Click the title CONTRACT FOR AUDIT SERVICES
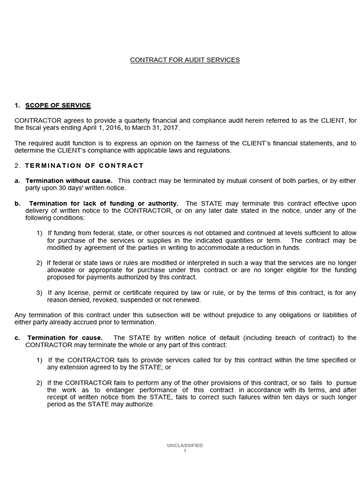tap(185, 60)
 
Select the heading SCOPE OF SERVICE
tap(58, 105)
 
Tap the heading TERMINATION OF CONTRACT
tap(84, 165)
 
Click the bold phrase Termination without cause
tap(69, 180)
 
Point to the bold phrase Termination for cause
tap(65, 337)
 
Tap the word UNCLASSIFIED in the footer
tap(185, 445)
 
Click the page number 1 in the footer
tap(185, 451)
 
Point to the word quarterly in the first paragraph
tap(123, 120)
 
